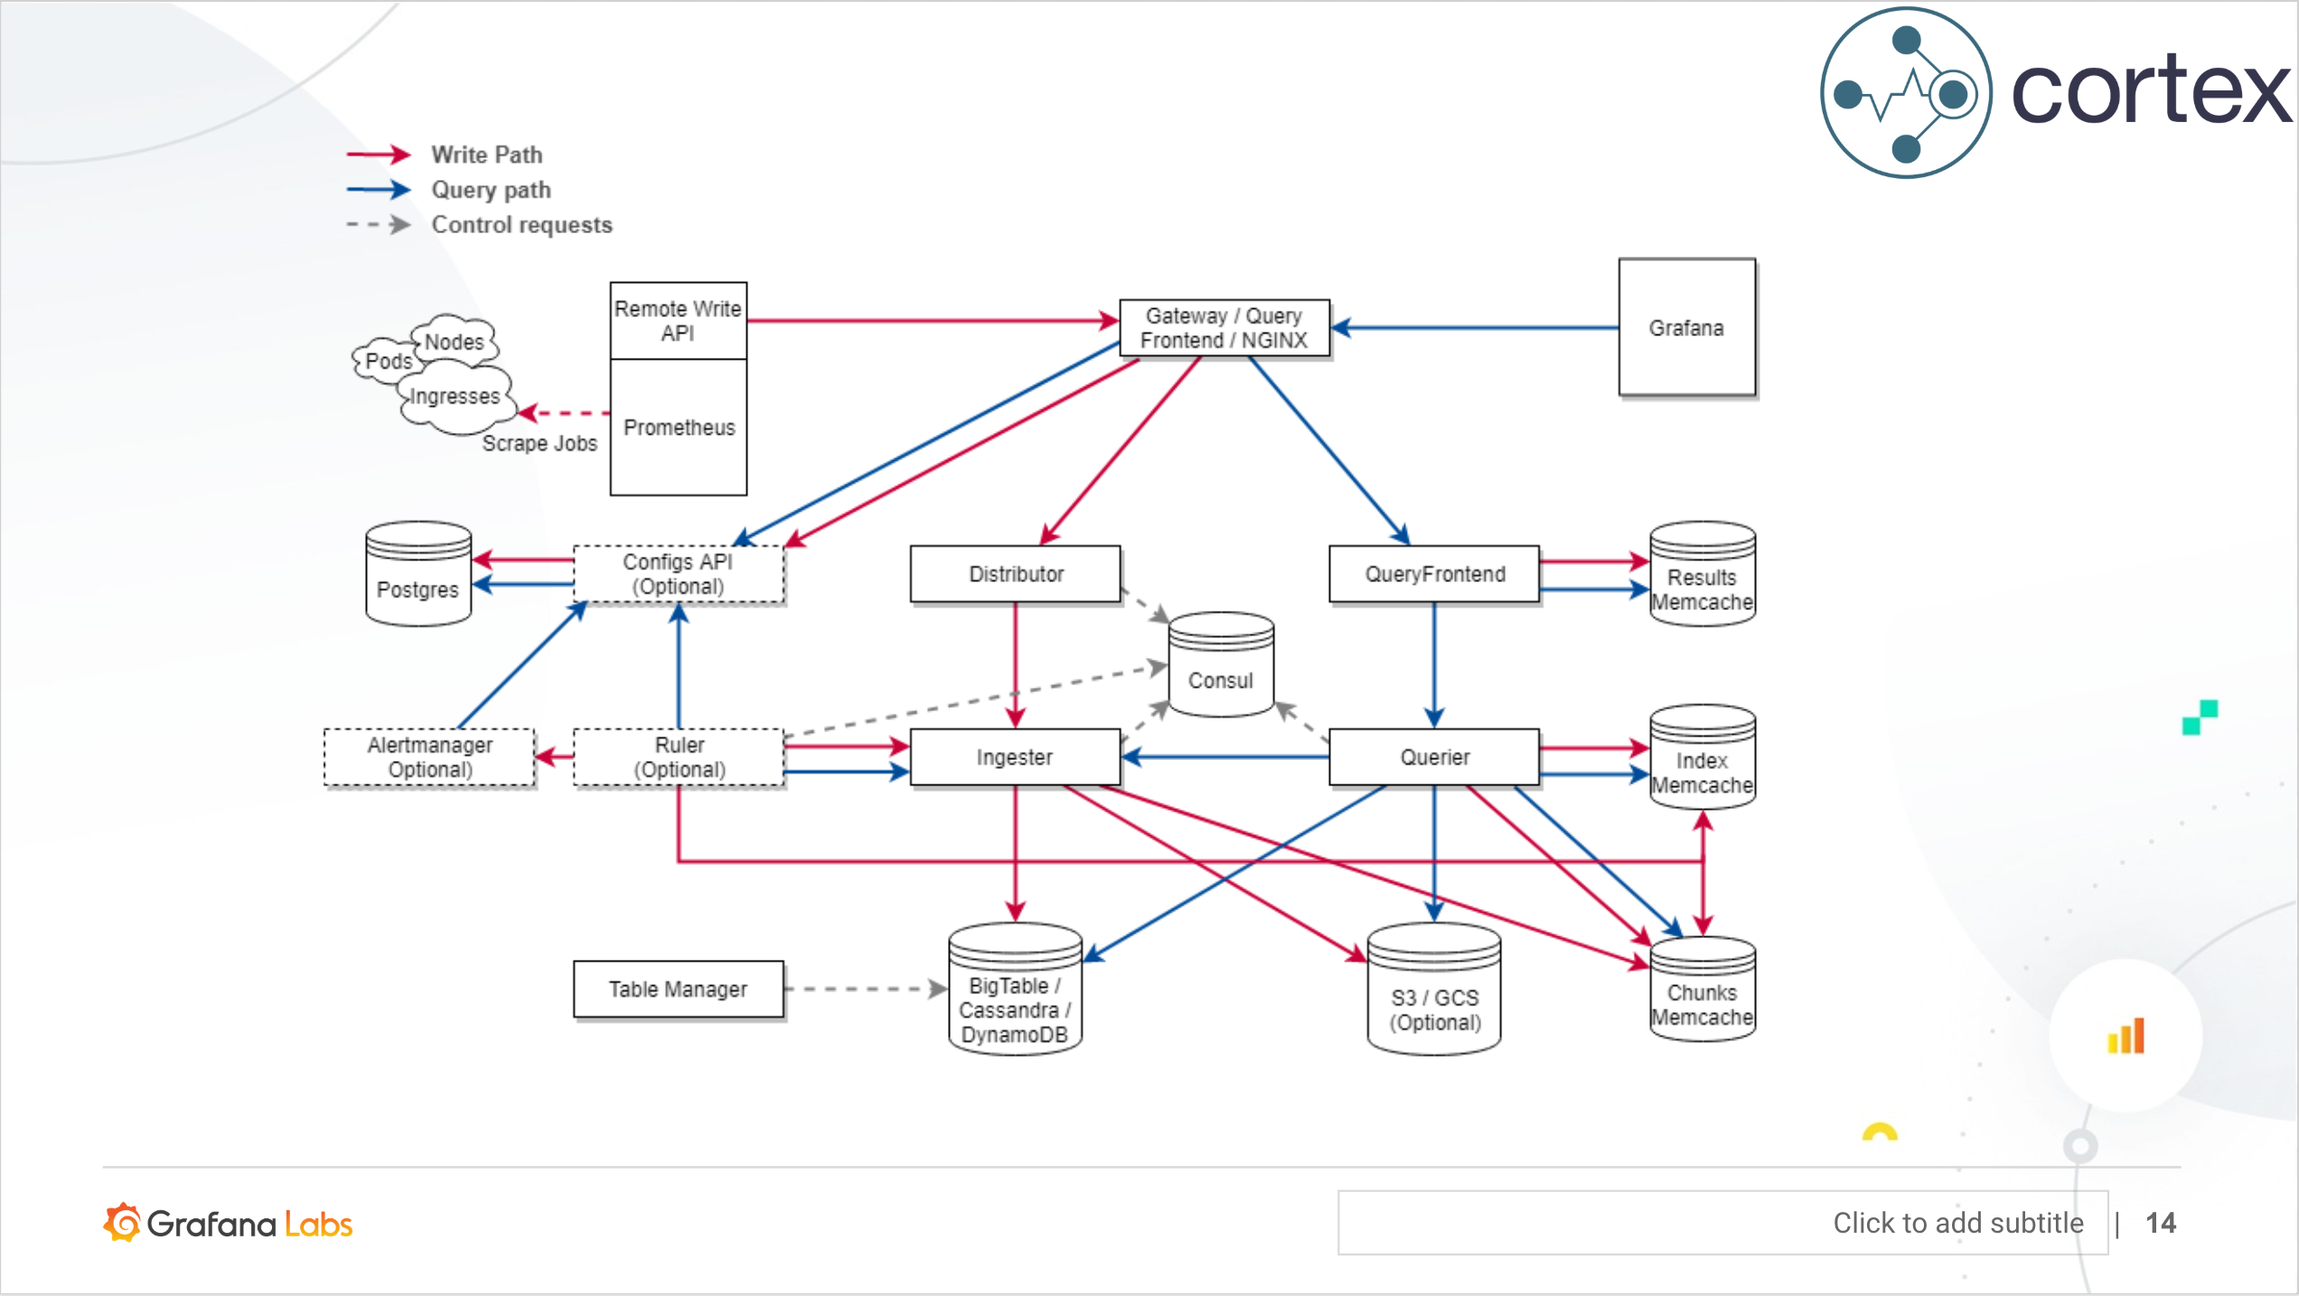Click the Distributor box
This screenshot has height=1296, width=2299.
[x=1015, y=574]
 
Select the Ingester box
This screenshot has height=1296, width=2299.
[x=1015, y=757]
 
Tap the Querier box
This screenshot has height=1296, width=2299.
[x=1434, y=757]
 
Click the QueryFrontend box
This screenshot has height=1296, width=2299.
[x=1434, y=574]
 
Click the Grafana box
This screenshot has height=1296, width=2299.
[x=1686, y=327]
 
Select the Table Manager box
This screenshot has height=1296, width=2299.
[x=678, y=990]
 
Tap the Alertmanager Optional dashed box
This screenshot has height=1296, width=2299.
[x=429, y=757]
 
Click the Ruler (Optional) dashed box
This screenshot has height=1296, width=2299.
[x=679, y=757]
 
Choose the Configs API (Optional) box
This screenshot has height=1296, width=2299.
[x=679, y=574]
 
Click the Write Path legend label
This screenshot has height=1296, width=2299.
[x=487, y=155]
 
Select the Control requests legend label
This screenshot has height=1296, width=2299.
[x=521, y=224]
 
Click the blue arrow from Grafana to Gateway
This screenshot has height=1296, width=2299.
[x=1473, y=328]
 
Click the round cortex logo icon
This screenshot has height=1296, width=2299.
[x=1906, y=93]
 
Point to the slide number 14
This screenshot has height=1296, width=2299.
[x=2161, y=1223]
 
